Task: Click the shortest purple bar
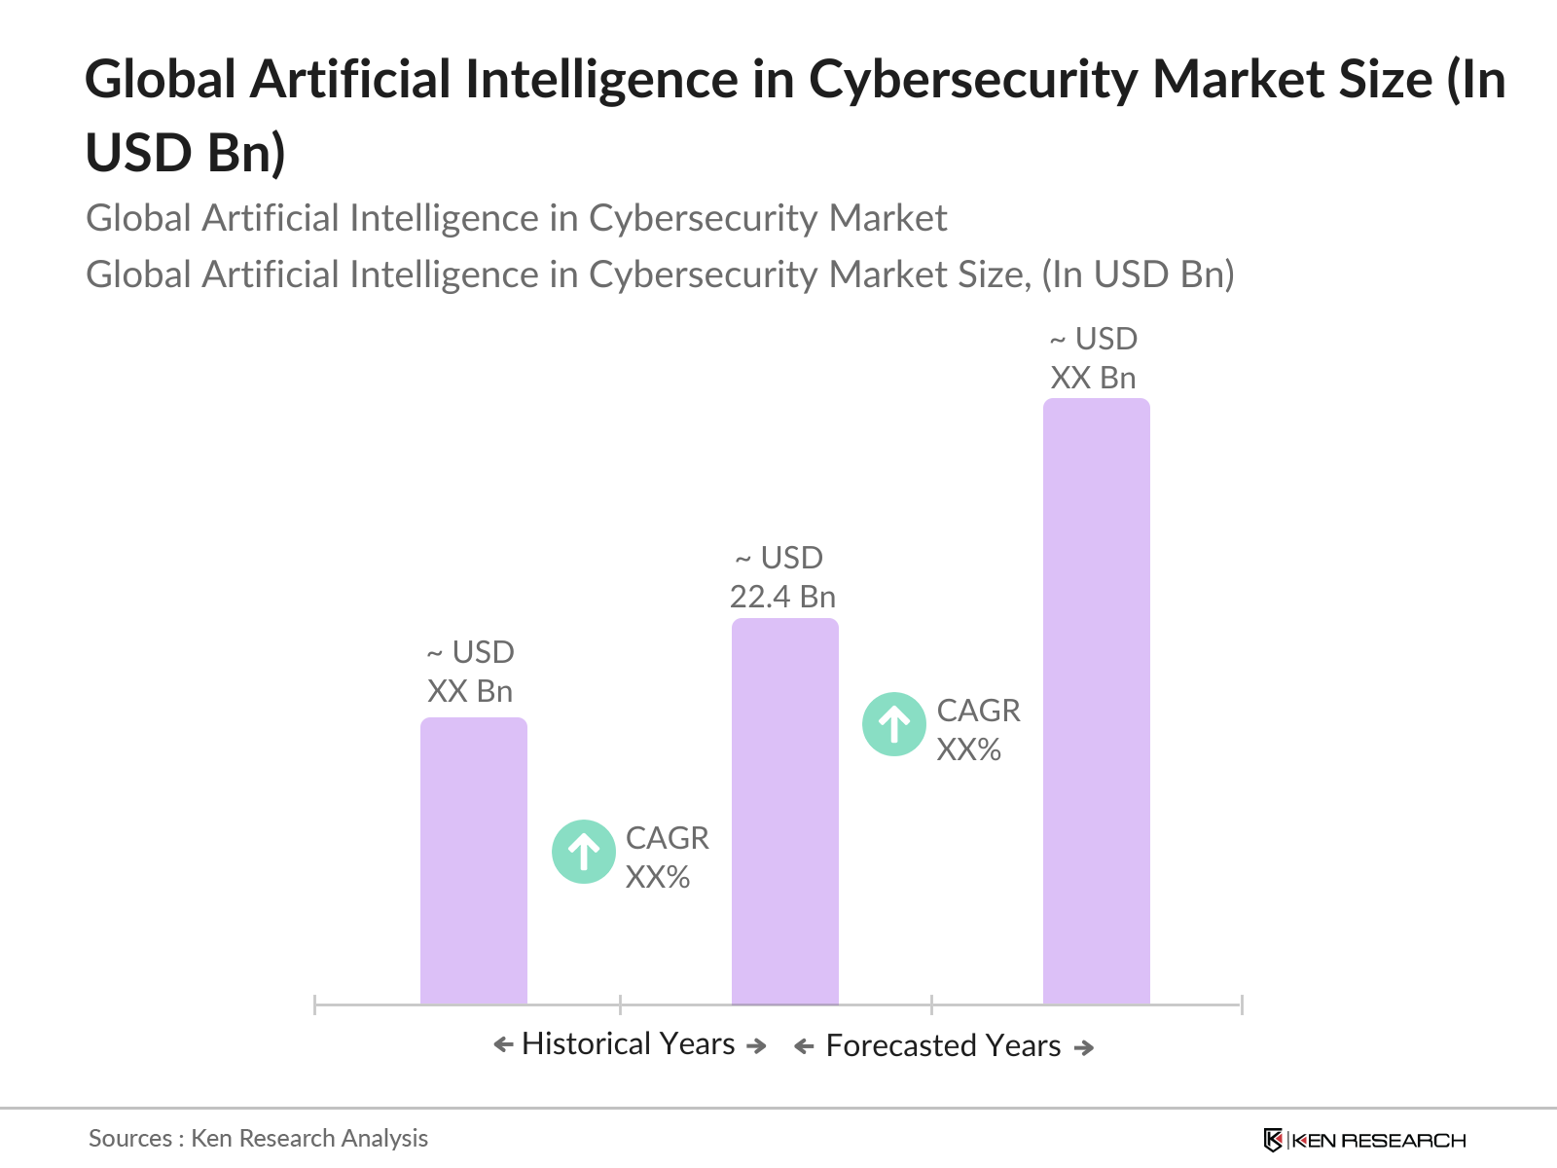click(473, 861)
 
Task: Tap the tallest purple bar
click(1096, 701)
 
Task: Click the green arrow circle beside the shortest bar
click(583, 853)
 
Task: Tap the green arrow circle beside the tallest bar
click(893, 724)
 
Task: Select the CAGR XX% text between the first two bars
click(667, 858)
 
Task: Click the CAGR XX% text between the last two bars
click(978, 730)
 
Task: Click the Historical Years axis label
click(629, 1044)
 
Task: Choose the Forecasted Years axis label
click(943, 1046)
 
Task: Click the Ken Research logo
click(1364, 1140)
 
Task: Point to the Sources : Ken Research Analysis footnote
click(258, 1138)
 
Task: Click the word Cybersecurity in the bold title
click(973, 80)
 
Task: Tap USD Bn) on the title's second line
click(186, 153)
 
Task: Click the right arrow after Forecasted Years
click(1084, 1048)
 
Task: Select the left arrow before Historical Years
click(503, 1045)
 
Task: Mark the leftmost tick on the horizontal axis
click(315, 1004)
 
